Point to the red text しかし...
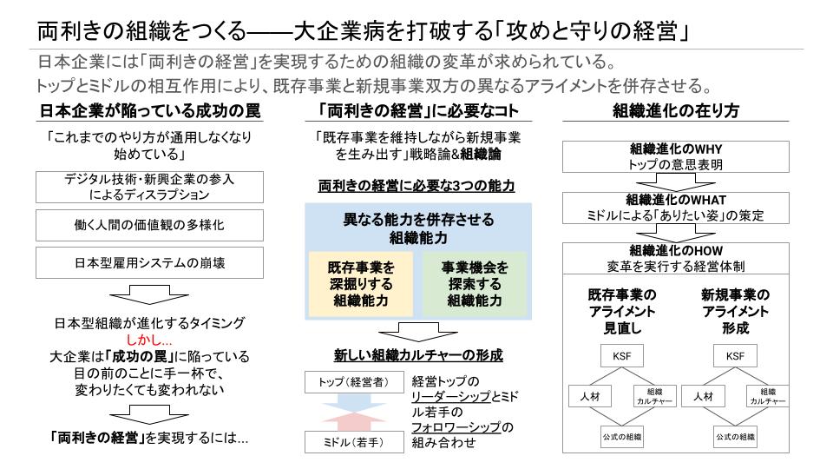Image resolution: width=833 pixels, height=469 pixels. (149, 340)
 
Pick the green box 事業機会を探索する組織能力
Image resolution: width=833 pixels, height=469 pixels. (475, 284)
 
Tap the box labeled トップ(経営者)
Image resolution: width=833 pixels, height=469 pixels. (344, 382)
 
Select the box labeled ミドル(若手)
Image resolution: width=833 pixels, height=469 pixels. (344, 443)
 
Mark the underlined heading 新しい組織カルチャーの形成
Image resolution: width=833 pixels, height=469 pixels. (418, 355)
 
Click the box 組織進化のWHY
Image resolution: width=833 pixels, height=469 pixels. (676, 156)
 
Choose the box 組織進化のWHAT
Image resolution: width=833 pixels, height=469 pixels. (676, 207)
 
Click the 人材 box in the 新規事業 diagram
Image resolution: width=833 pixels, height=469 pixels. (705, 396)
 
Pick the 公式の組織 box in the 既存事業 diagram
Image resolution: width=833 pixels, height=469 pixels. (620, 436)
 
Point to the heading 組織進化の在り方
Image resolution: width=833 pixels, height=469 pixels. (676, 111)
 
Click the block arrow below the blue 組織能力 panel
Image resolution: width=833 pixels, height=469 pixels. (418, 333)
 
